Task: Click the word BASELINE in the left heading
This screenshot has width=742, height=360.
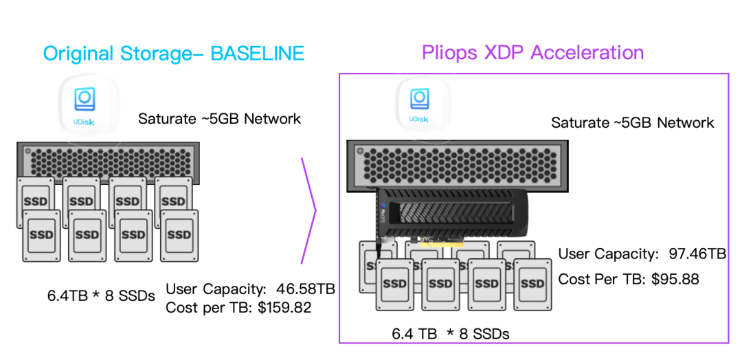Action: click(257, 54)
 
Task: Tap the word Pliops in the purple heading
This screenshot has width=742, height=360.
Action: click(449, 52)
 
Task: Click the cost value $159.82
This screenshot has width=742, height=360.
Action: click(285, 308)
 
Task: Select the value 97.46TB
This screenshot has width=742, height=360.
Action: click(697, 254)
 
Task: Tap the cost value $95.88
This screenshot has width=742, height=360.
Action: click(675, 279)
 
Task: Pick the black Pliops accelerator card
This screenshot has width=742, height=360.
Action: click(452, 213)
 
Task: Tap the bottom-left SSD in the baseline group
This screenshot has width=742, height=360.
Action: click(42, 236)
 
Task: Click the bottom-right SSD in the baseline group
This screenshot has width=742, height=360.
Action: click(179, 236)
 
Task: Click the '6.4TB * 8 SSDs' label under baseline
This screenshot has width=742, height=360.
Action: click(101, 296)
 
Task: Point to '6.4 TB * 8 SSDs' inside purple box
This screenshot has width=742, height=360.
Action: click(451, 334)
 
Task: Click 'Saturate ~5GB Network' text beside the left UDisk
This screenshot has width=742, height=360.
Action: click(220, 118)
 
